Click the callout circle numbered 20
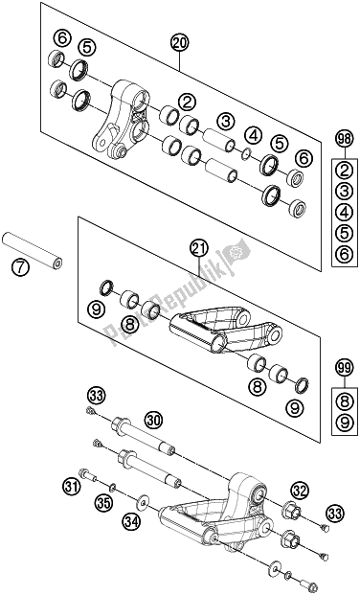coord(179,43)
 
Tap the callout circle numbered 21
coord(200,249)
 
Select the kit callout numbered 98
coord(345,140)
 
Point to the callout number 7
coord(20,268)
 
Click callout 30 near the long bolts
coord(153,420)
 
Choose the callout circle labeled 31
coord(72,487)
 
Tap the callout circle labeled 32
coord(300,492)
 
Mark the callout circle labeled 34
coord(131,522)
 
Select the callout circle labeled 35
coord(104,503)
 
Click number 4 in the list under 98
coord(345,212)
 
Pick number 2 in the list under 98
coord(345,171)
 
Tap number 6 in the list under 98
coord(345,254)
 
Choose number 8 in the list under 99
coord(345,400)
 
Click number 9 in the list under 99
coord(345,422)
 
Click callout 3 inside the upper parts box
coord(226,122)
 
